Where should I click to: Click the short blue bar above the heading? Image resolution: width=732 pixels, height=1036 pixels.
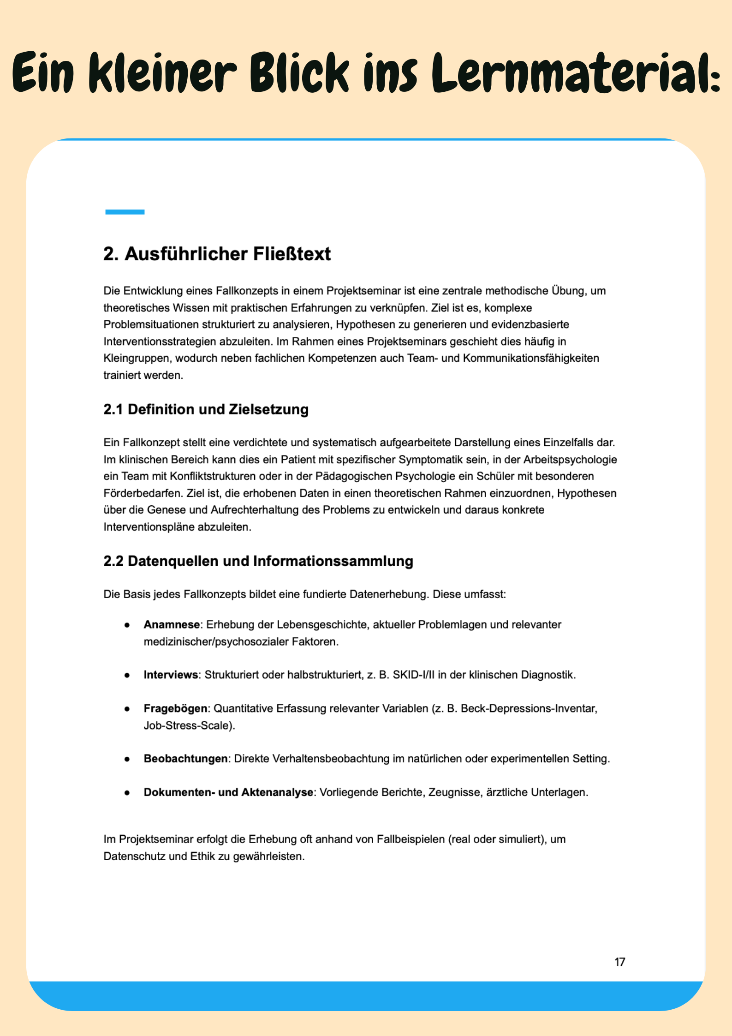pyautogui.click(x=125, y=212)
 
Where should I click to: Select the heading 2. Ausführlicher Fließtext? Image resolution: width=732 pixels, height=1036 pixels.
pyautogui.click(x=217, y=254)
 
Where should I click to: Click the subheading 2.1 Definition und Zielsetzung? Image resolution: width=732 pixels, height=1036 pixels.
pyautogui.click(x=206, y=409)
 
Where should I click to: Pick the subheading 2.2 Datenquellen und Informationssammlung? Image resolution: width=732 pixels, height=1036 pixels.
pyautogui.click(x=258, y=561)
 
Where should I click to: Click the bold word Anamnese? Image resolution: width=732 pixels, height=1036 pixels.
pyautogui.click(x=172, y=624)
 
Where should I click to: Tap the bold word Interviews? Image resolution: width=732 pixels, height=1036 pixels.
pyautogui.click(x=171, y=675)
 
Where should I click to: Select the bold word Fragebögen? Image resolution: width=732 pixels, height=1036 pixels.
pyautogui.click(x=175, y=708)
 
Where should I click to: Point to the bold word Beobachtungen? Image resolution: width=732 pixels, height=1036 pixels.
pyautogui.click(x=185, y=759)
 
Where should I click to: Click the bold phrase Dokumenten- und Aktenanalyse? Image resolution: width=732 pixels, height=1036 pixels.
pyautogui.click(x=228, y=792)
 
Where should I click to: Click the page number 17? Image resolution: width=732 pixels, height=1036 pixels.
pyautogui.click(x=619, y=962)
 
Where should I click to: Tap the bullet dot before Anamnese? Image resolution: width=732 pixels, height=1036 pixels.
pyautogui.click(x=127, y=625)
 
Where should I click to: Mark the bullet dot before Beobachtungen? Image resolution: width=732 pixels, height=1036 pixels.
pyautogui.click(x=127, y=759)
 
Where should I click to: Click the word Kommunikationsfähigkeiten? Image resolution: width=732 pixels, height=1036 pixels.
pyautogui.click(x=531, y=358)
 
